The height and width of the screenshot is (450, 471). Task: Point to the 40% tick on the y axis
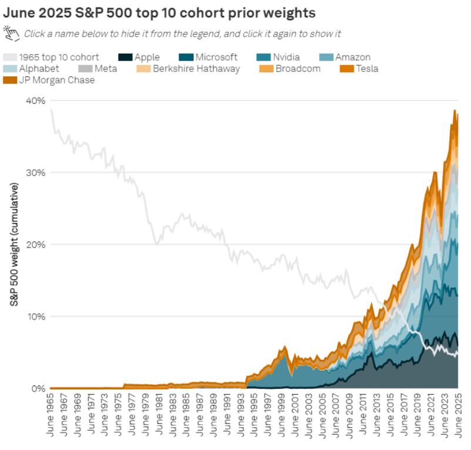pyautogui.click(x=35, y=100)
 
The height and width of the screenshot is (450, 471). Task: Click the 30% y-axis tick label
pyautogui.click(x=35, y=173)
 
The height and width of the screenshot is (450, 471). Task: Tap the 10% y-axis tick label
pyautogui.click(x=35, y=317)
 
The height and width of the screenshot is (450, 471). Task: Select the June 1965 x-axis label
pyautogui.click(x=51, y=417)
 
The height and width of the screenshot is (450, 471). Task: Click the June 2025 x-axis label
pyautogui.click(x=458, y=417)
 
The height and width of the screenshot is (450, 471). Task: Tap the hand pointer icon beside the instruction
pyautogui.click(x=11, y=33)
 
